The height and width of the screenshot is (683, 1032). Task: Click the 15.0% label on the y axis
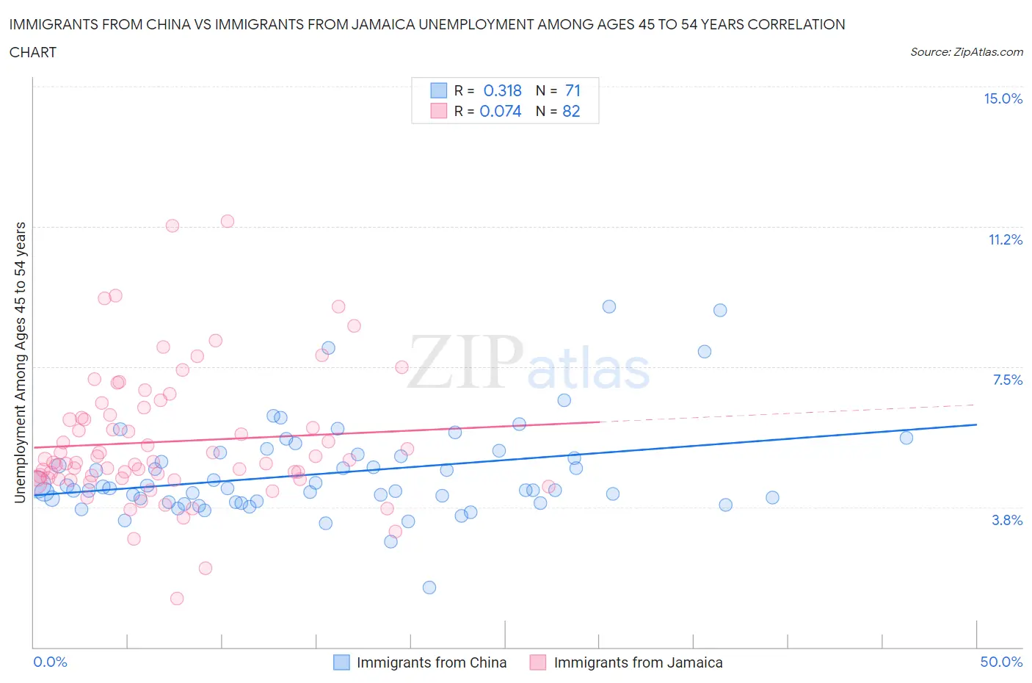(x=1003, y=98)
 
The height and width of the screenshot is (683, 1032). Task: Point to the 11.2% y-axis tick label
(x=1005, y=239)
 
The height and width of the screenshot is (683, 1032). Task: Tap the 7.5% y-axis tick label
(x=1007, y=380)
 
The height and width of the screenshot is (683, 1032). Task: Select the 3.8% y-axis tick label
(x=1007, y=520)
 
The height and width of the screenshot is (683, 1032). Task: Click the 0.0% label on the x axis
(x=50, y=662)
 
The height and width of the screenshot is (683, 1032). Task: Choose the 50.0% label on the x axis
(x=1001, y=662)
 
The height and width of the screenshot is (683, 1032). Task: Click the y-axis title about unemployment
(x=20, y=362)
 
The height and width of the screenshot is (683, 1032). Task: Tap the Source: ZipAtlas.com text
(x=966, y=52)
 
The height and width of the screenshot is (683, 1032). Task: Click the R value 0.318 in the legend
(x=502, y=90)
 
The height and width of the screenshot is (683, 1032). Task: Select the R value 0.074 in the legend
(x=500, y=111)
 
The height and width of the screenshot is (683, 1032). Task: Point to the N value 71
(x=573, y=90)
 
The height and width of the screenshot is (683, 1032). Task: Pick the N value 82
(x=571, y=111)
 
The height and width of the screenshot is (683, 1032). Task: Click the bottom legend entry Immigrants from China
(x=431, y=662)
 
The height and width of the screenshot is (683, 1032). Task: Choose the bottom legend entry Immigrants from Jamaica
(x=637, y=662)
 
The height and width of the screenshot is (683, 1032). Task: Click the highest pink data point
(x=228, y=221)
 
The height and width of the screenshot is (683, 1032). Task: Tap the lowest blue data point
(x=429, y=588)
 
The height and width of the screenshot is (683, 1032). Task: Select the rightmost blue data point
(x=906, y=438)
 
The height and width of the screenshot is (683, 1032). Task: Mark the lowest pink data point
(x=177, y=599)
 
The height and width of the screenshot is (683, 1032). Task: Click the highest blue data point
(x=609, y=307)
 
